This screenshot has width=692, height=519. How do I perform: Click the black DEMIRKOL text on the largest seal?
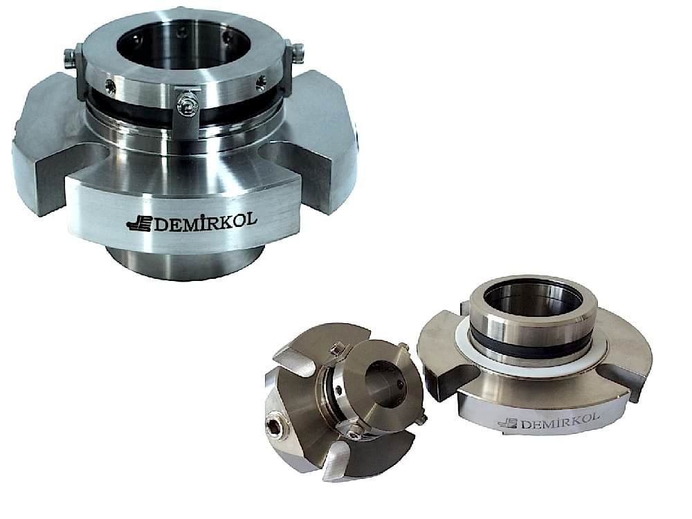(x=205, y=221)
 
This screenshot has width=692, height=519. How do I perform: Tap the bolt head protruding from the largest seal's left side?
(x=68, y=57)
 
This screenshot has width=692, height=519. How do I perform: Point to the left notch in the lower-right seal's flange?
(x=450, y=377)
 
